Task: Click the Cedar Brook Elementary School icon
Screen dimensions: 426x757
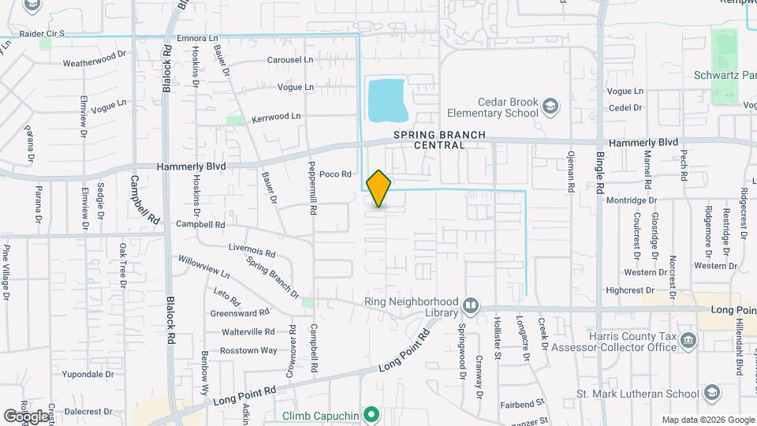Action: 550,106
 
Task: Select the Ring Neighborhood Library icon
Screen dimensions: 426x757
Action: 471,305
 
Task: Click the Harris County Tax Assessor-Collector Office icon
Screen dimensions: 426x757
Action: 689,341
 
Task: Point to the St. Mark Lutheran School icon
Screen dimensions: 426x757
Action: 712,394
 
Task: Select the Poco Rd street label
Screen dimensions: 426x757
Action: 334,175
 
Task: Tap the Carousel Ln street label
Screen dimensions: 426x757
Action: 290,60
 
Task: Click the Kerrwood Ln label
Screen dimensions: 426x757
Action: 276,117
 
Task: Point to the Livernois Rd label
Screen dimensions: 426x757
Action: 252,254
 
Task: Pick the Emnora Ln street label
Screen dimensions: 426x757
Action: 197,38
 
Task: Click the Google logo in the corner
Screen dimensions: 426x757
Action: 25,416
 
